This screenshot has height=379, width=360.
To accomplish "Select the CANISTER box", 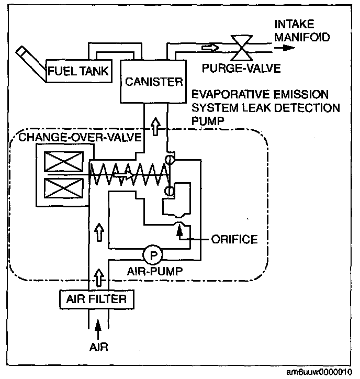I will (x=154, y=81).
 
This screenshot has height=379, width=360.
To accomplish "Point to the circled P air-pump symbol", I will (x=153, y=254).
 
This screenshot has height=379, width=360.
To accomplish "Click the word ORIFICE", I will (x=234, y=240).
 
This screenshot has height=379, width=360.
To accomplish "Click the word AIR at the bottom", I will (x=97, y=346).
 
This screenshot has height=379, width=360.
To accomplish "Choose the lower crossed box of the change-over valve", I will (x=54, y=187).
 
